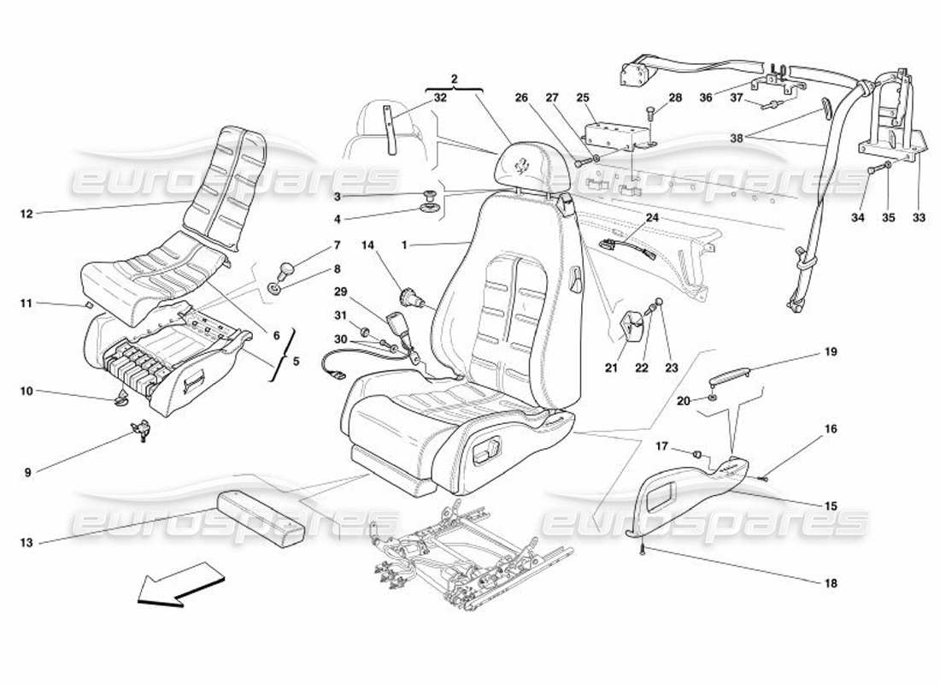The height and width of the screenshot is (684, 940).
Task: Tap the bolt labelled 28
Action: [652, 112]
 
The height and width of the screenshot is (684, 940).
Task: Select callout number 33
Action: [918, 218]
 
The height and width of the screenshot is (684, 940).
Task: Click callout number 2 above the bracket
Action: [455, 80]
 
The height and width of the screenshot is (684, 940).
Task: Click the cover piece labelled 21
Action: [632, 327]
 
